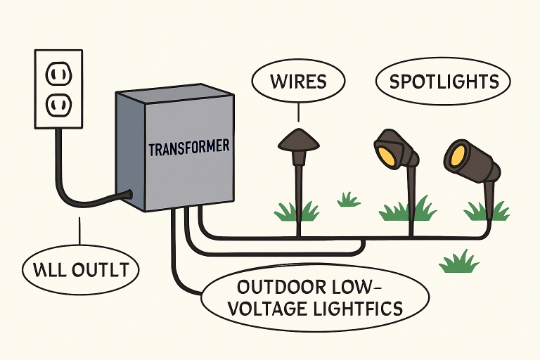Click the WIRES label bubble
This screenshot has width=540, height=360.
(299, 81)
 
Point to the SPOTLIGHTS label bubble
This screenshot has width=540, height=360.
(444, 82)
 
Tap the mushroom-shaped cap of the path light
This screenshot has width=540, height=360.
(298, 139)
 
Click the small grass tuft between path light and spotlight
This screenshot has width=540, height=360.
(348, 200)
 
